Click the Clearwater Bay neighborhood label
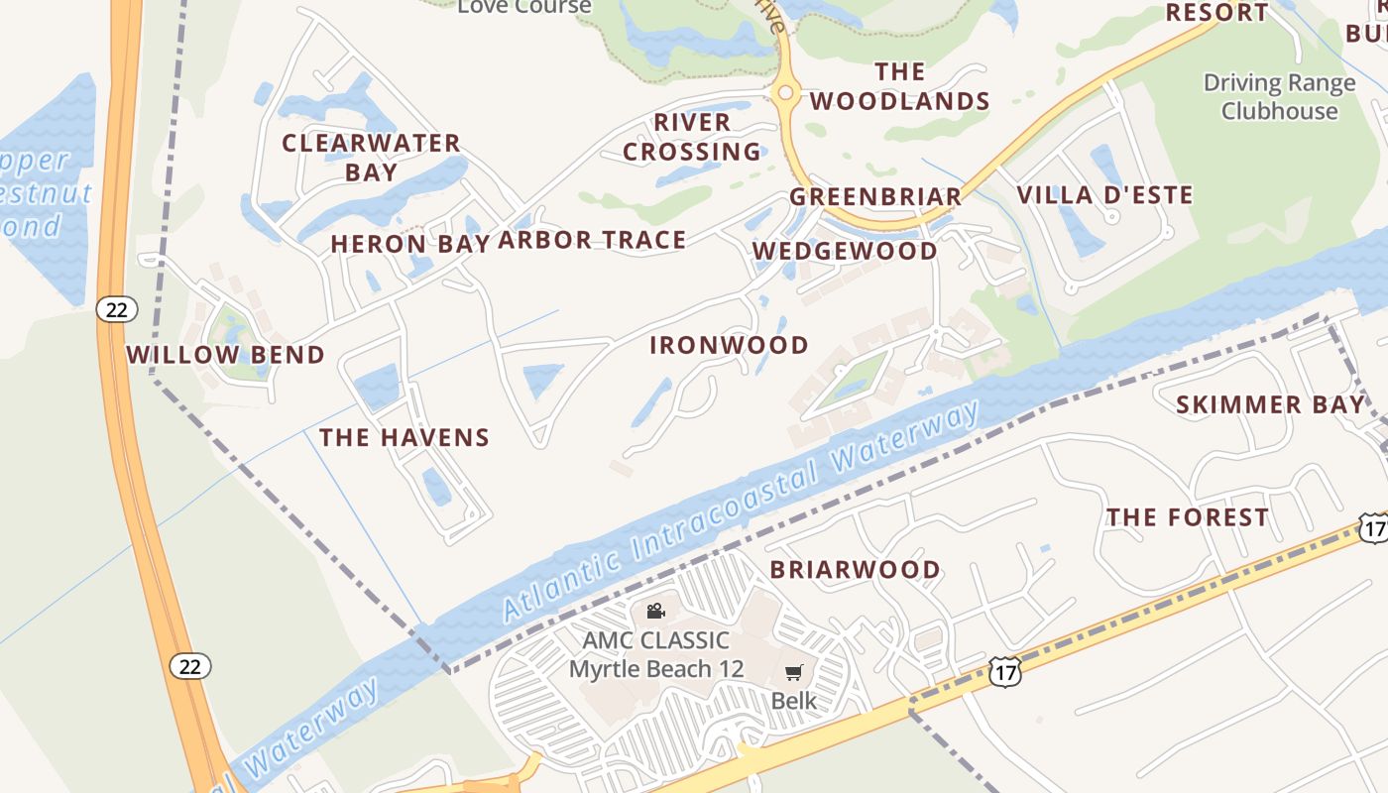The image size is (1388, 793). pyautogui.click(x=372, y=157)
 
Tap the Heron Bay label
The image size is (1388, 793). pyautogui.click(x=409, y=244)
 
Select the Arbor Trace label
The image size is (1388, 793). pyautogui.click(x=592, y=240)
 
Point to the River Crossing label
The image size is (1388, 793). pyautogui.click(x=692, y=137)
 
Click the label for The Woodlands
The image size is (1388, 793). pyautogui.click(x=900, y=86)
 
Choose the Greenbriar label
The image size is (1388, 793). pyautogui.click(x=875, y=196)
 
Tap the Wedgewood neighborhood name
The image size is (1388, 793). pyautogui.click(x=845, y=251)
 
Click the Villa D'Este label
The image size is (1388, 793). pyautogui.click(x=1105, y=194)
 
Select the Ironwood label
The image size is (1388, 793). pyautogui.click(x=729, y=345)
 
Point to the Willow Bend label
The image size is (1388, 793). pyautogui.click(x=225, y=355)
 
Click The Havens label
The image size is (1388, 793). pyautogui.click(x=405, y=437)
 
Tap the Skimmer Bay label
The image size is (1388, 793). pyautogui.click(x=1270, y=404)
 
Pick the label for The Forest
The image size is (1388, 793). pyautogui.click(x=1188, y=517)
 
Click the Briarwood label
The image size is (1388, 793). pyautogui.click(x=856, y=570)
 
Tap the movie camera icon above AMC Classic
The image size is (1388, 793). pyautogui.click(x=655, y=611)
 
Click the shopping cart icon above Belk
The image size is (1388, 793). pyautogui.click(x=793, y=674)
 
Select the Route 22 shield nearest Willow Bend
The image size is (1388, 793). pyautogui.click(x=117, y=309)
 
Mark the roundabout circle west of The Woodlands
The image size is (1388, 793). pyautogui.click(x=785, y=92)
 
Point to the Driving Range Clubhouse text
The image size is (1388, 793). pyautogui.click(x=1279, y=97)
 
